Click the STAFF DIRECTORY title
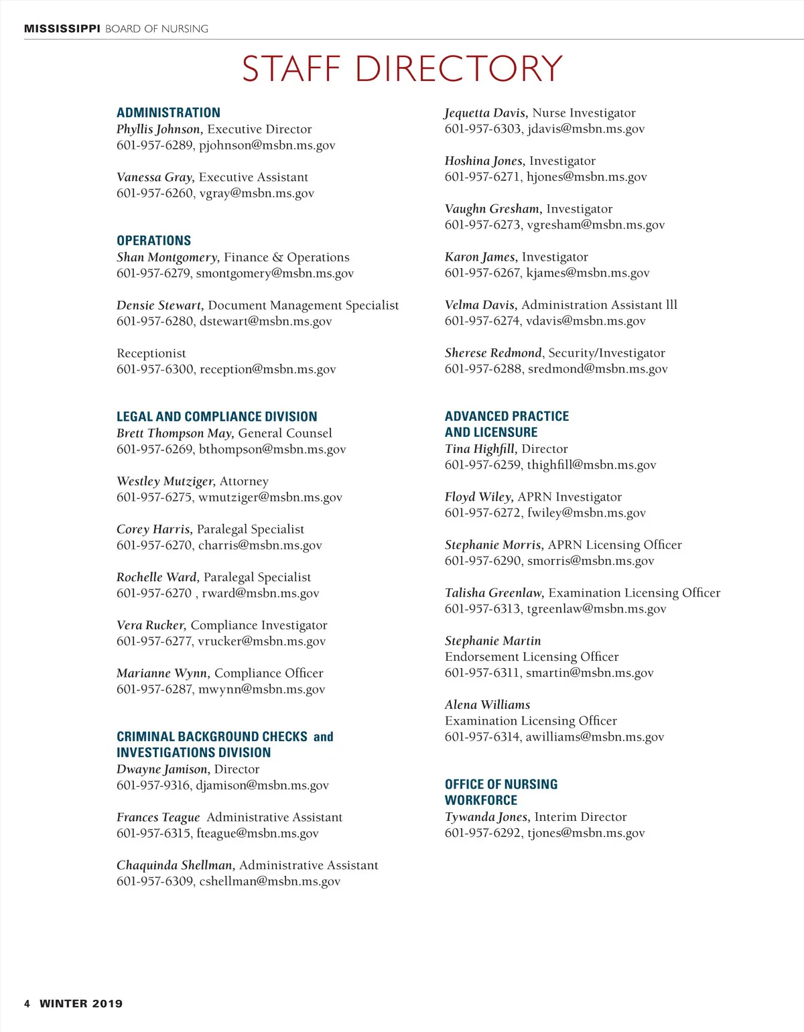(402, 69)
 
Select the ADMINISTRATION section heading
(168, 113)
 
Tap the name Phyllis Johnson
(159, 129)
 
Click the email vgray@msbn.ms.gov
(257, 194)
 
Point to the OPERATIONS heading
(153, 241)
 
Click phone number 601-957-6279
(153, 273)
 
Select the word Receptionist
(151, 353)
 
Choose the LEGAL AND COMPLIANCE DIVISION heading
(216, 417)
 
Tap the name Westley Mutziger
(165, 481)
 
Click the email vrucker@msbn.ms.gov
(261, 641)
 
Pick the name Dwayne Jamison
(163, 769)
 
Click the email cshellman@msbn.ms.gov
(269, 881)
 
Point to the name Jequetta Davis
(486, 113)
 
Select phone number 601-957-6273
(482, 225)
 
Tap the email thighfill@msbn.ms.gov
(591, 465)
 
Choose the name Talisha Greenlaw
(494, 593)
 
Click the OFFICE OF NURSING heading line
(501, 785)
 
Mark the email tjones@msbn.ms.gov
(586, 833)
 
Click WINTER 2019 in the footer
(81, 1004)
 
